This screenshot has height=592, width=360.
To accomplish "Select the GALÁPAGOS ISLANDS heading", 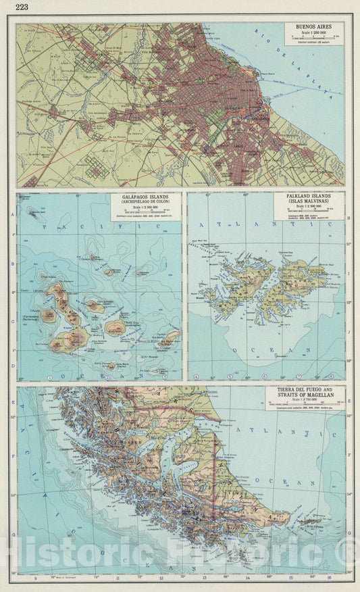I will pos(145,197).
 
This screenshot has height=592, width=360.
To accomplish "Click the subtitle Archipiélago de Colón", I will pos(145,203).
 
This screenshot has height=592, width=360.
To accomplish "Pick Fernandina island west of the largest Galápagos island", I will pos(49,316).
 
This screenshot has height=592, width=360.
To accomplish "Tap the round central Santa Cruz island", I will pos(114,328).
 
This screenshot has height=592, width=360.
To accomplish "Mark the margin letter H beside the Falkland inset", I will pos(349,219).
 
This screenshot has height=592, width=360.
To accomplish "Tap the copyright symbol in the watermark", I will pos(351,556).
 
